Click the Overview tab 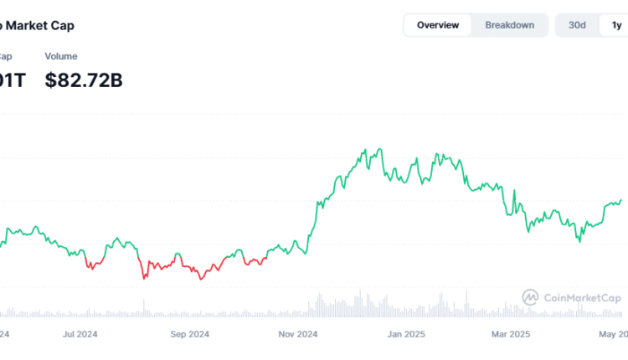tap(438, 25)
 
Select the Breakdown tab tap(509, 25)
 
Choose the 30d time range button tap(577, 25)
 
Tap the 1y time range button tap(614, 25)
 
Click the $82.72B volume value tap(84, 81)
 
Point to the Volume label tap(61, 56)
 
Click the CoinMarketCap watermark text tap(581, 298)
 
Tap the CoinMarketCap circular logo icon tap(530, 297)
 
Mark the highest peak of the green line tap(379, 150)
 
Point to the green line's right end tap(621, 199)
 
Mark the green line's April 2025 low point tap(579, 241)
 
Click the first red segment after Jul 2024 tap(93, 264)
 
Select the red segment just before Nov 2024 tap(255, 261)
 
